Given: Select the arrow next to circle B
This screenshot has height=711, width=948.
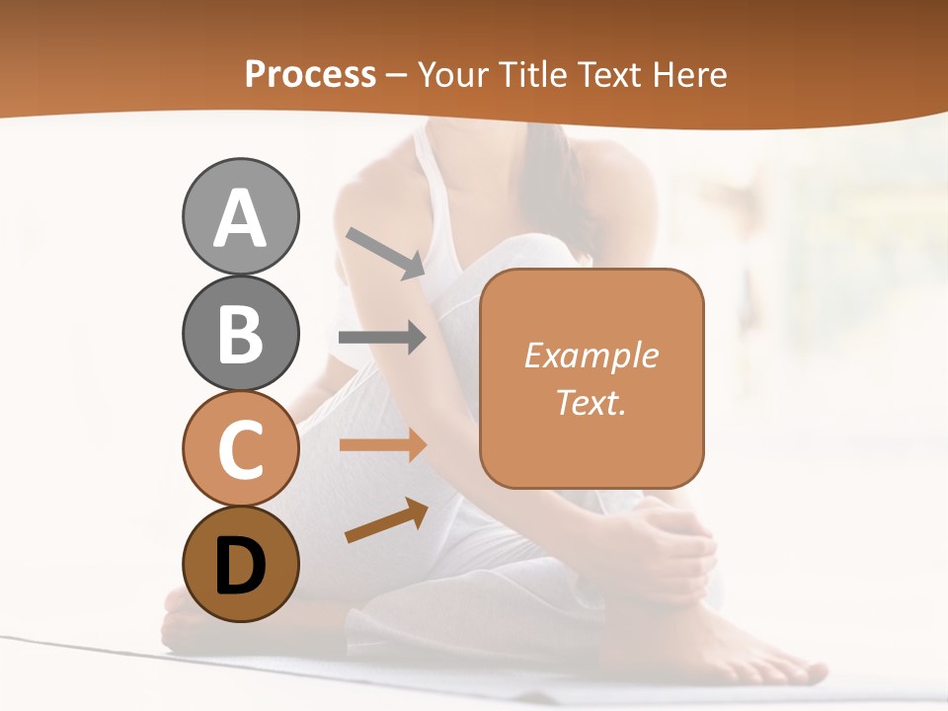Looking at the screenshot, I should point(382,338).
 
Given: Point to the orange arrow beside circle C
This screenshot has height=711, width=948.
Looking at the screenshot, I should point(382,444).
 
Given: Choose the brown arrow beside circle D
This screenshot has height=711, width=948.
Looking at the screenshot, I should point(386,520).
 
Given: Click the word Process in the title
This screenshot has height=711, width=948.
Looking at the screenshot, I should point(310,75).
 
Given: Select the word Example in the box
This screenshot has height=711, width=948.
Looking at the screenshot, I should point(591,355).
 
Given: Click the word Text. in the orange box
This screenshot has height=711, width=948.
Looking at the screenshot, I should point(591,402).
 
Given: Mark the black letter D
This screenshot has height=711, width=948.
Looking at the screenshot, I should point(240,567).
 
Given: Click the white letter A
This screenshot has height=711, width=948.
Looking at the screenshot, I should point(240,219).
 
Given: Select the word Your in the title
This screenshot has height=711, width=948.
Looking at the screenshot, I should point(455,75).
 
